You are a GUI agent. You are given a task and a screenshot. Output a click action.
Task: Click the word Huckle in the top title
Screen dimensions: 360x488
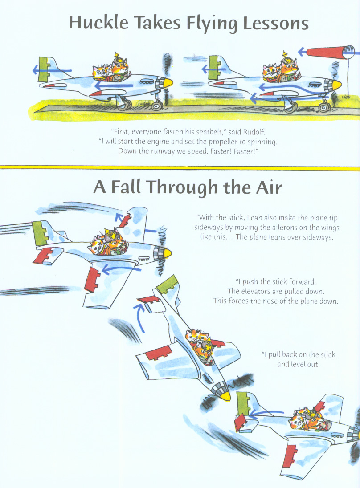98,23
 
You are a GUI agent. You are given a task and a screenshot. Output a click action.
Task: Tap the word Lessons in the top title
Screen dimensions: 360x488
276,23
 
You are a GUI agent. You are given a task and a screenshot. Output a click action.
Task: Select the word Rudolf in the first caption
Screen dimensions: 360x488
254,132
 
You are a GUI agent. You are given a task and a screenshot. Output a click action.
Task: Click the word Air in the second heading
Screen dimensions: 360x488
269,187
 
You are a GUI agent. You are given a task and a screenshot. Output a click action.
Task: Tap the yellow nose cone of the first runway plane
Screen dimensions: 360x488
168,83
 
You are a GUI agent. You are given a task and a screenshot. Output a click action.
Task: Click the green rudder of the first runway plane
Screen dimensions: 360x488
44,69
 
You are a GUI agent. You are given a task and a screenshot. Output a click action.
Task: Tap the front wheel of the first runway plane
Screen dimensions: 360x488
157,106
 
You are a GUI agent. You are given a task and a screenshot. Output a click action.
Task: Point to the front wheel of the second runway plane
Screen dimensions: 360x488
324,108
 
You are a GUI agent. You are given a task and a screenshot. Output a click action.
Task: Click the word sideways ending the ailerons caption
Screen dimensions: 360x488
318,237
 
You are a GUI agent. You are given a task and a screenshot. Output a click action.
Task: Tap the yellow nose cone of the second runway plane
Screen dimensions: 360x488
337,84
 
